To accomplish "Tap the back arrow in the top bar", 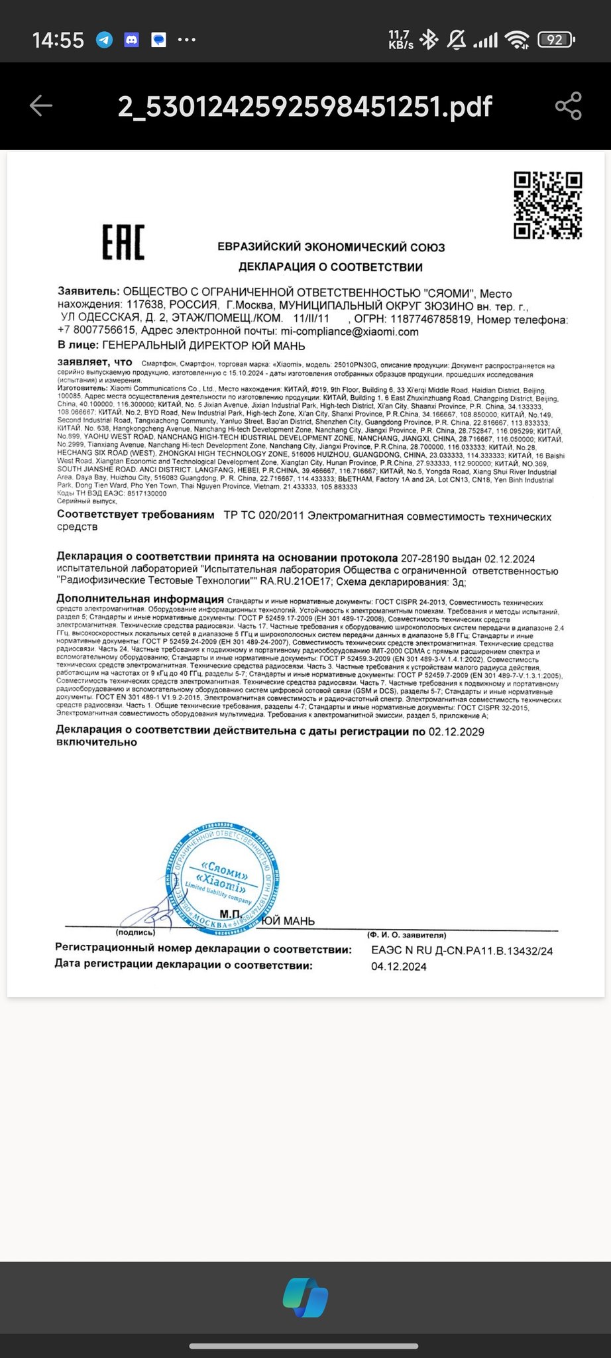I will coord(41,106).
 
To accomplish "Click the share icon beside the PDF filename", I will coord(568,106).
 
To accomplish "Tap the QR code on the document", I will coord(548,205).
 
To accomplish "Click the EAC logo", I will coord(123,242).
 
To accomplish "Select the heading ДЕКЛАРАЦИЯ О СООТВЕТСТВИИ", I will coord(331,267).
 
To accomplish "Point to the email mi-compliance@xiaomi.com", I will coord(350,332).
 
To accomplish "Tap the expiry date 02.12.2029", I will coord(456,732).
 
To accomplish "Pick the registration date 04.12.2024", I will coord(399,967).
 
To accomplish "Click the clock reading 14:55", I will coord(58,40).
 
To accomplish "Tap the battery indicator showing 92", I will coord(555,40).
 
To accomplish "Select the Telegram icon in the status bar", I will coord(104,40).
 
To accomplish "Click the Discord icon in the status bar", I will coord(131,40).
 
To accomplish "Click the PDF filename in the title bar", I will coord(305,106).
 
